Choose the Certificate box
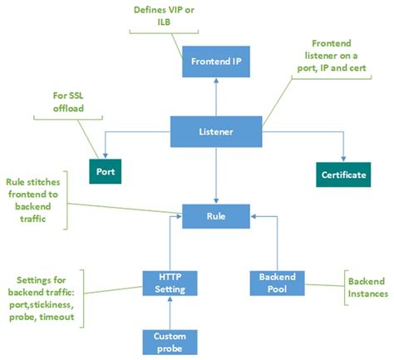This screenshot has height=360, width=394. pos(343,175)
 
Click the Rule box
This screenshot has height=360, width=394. pos(215,217)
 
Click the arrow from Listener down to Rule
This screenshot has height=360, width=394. pos(215,175)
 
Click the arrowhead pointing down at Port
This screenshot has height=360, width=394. pos(104,158)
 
